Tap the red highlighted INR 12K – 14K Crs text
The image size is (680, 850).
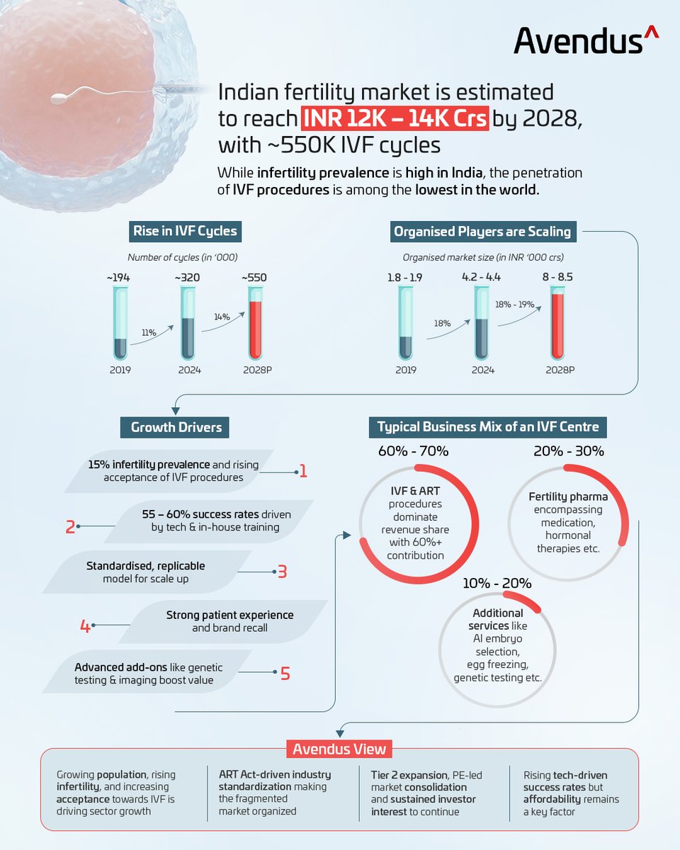coord(395,118)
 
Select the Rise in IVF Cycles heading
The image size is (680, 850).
coord(185,231)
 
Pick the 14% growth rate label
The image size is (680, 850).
coord(222,317)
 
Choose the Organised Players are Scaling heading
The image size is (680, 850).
coord(482,231)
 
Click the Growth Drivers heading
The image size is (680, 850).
coord(176,427)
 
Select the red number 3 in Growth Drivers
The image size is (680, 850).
coord(282,571)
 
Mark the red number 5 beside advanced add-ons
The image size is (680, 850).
coord(285,672)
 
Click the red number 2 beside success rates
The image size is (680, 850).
coord(70,527)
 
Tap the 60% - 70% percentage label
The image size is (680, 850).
coord(412,451)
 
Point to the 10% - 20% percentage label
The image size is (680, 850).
coord(497,583)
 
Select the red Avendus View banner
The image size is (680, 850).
coord(340,749)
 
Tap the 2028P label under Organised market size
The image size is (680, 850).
coord(560,370)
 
